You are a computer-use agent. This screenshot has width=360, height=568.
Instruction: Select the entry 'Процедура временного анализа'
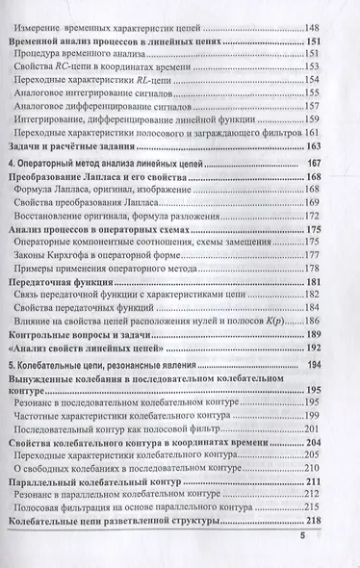coord(106,60)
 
